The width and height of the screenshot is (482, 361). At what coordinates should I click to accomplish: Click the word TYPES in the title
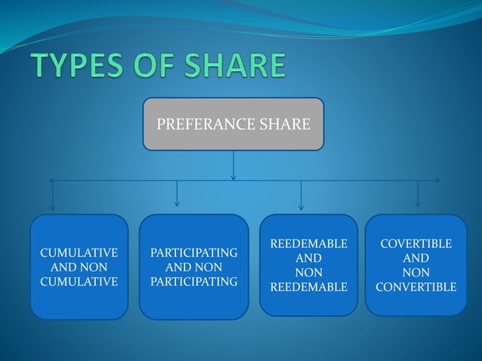[x=70, y=67]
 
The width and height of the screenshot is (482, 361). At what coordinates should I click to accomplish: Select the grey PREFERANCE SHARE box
[x=233, y=124]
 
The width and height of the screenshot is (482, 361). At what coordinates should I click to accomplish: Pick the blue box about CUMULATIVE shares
[x=79, y=267]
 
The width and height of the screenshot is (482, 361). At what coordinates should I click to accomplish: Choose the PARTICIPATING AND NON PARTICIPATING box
[x=194, y=267]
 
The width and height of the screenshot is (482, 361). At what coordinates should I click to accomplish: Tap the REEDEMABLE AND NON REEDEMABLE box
[x=308, y=265]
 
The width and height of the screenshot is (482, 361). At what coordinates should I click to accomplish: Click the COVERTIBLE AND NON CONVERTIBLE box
[x=416, y=265]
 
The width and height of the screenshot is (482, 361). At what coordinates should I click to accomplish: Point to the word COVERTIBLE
[x=416, y=244]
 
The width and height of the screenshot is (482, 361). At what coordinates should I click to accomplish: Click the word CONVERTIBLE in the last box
[x=416, y=287]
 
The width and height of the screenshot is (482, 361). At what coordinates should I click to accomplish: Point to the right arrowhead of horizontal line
[x=437, y=180]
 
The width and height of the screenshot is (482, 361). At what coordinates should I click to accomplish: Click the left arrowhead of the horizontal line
[x=52, y=180]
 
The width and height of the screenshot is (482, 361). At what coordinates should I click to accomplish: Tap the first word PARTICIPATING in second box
[x=194, y=252]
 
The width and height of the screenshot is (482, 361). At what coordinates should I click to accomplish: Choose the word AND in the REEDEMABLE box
[x=308, y=258]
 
